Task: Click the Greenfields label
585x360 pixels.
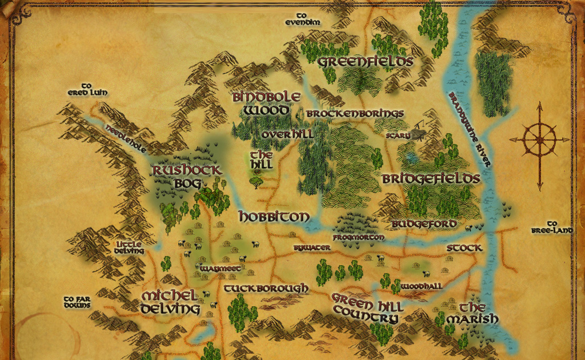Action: pos(365,61)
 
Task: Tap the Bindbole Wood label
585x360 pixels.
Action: pos(266,103)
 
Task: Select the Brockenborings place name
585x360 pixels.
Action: pos(355,114)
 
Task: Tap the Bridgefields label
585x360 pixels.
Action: pos(431,179)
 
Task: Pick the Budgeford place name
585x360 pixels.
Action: pos(424,223)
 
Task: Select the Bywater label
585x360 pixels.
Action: pos(311,248)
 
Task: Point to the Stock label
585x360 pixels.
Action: pos(464,248)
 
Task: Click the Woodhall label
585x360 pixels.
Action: pos(420,285)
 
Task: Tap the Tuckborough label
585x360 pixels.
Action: pos(266,289)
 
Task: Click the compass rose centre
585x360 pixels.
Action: pos(539,139)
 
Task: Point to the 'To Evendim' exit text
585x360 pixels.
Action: pos(303,19)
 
